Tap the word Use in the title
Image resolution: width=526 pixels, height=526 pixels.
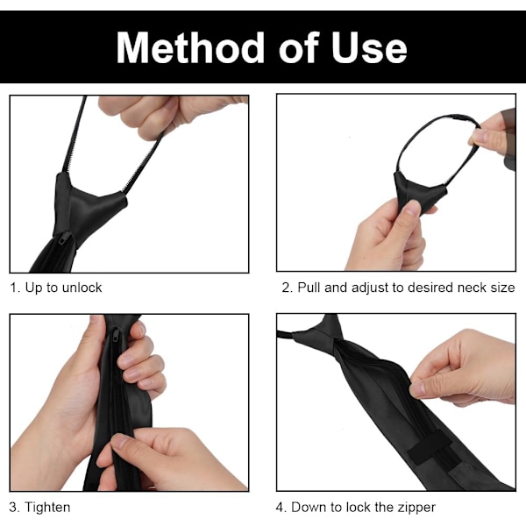(369, 47)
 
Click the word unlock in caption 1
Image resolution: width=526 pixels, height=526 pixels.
(82, 288)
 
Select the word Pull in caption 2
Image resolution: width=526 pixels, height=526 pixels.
(309, 288)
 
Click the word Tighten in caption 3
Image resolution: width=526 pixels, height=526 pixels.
(47, 508)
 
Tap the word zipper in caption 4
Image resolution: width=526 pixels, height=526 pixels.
(416, 508)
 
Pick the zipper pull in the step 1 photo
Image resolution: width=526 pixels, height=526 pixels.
(64, 238)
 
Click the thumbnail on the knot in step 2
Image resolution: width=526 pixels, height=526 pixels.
(413, 208)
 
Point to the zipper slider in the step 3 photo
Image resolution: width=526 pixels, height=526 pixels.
(116, 336)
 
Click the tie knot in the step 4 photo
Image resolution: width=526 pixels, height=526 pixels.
(320, 331)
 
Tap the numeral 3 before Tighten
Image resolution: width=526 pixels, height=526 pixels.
(13, 508)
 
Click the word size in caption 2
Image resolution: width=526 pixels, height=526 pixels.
(502, 288)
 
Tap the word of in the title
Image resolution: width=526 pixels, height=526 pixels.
(298, 47)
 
